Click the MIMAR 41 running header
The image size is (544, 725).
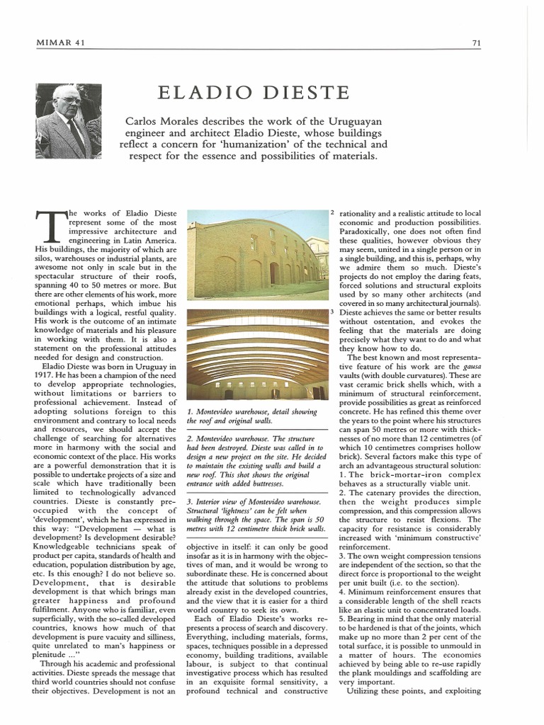click(60, 42)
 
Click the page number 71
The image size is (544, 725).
click(477, 42)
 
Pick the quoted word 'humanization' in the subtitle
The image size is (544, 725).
click(247, 144)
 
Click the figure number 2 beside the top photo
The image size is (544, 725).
click(332, 212)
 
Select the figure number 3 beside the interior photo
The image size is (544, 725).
click(332, 312)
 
